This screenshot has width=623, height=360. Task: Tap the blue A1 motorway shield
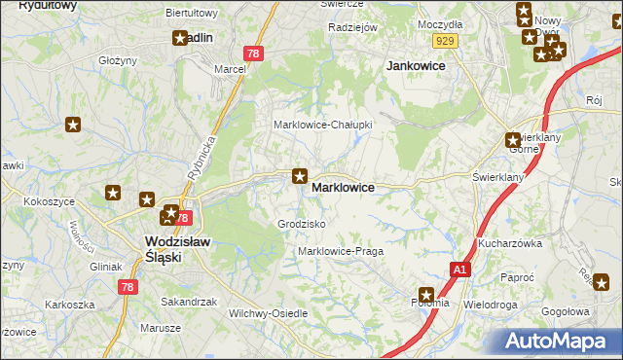(x=460, y=270)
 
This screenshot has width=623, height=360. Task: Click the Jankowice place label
(x=416, y=65)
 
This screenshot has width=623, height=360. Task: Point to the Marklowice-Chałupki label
(x=321, y=125)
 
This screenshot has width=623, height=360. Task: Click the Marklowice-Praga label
(x=340, y=251)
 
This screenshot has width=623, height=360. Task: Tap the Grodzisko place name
(x=301, y=224)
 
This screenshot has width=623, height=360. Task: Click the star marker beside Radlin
(x=180, y=39)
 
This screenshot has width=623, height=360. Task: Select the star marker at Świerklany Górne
(x=513, y=140)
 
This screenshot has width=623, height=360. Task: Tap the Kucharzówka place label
(x=509, y=243)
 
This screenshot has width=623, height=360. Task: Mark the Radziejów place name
(x=352, y=28)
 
